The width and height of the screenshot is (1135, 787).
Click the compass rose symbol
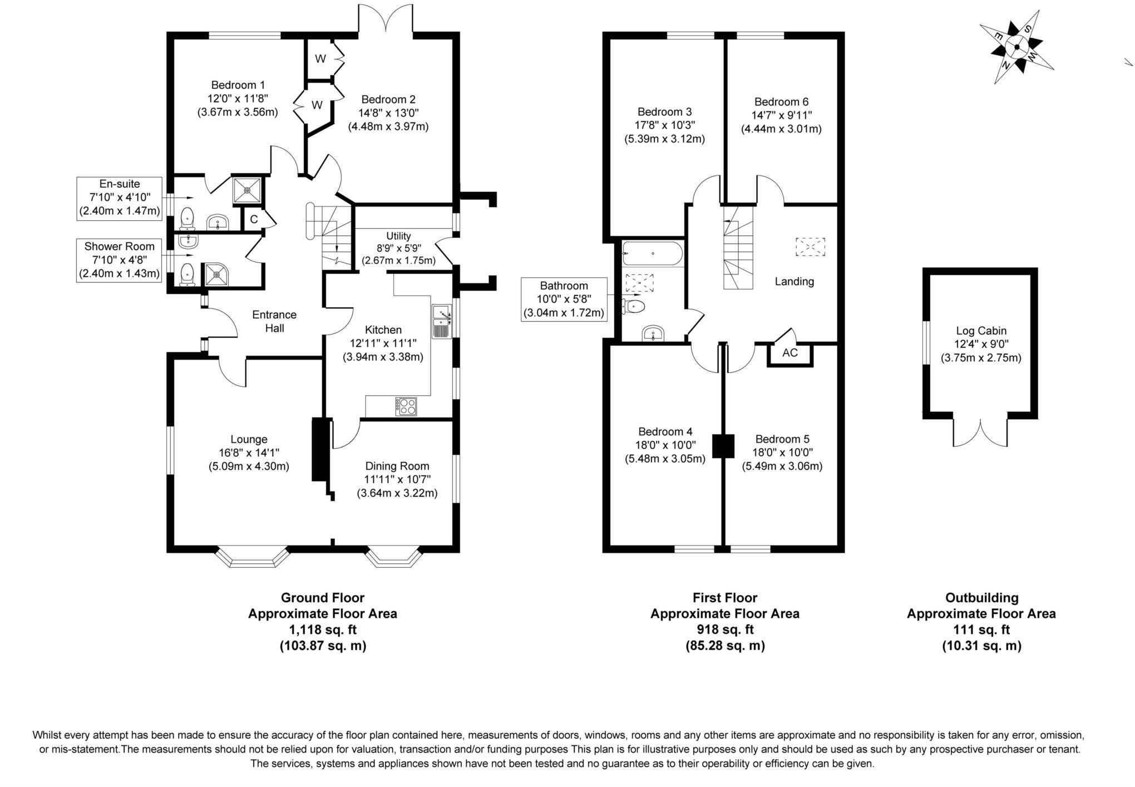click(1016, 47)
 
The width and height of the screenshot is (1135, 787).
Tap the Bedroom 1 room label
click(238, 85)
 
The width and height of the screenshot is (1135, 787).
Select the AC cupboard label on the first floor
click(789, 353)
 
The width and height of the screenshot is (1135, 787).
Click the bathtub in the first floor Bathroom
click(652, 254)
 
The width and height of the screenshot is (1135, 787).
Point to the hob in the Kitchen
click(406, 406)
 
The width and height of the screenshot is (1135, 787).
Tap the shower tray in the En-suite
click(245, 190)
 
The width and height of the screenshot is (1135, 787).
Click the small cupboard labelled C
click(254, 219)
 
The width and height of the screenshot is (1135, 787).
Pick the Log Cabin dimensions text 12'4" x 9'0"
click(981, 344)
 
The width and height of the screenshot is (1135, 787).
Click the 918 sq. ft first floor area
click(725, 629)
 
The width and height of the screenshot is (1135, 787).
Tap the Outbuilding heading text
click(981, 598)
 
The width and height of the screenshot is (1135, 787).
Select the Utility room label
click(398, 236)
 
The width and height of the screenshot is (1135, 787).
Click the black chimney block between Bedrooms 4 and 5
click(723, 446)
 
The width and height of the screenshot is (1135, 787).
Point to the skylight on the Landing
click(810, 247)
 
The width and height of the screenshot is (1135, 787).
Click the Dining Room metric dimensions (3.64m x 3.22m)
click(397, 493)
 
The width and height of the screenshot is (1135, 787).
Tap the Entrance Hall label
click(274, 321)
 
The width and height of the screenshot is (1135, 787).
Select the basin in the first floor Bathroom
click(653, 333)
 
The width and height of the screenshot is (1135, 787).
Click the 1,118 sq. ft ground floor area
click(323, 629)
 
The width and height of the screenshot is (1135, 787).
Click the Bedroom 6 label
click(781, 102)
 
